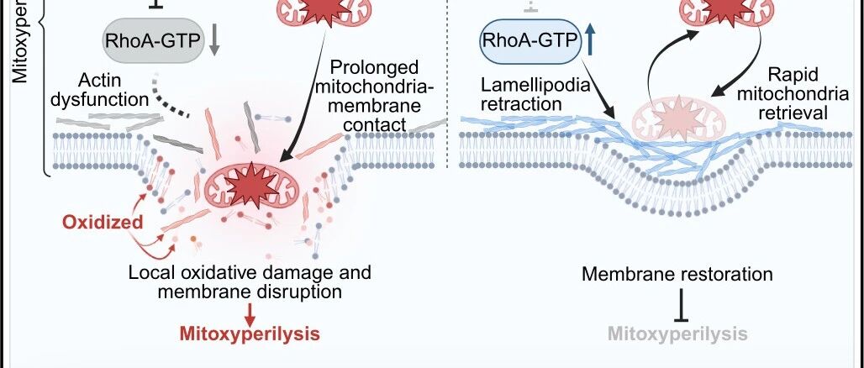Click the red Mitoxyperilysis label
(x=250, y=334)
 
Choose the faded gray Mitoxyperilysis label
(x=678, y=334)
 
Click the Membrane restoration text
(x=677, y=274)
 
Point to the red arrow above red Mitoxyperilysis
(x=250, y=313)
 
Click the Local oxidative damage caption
(x=250, y=282)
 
